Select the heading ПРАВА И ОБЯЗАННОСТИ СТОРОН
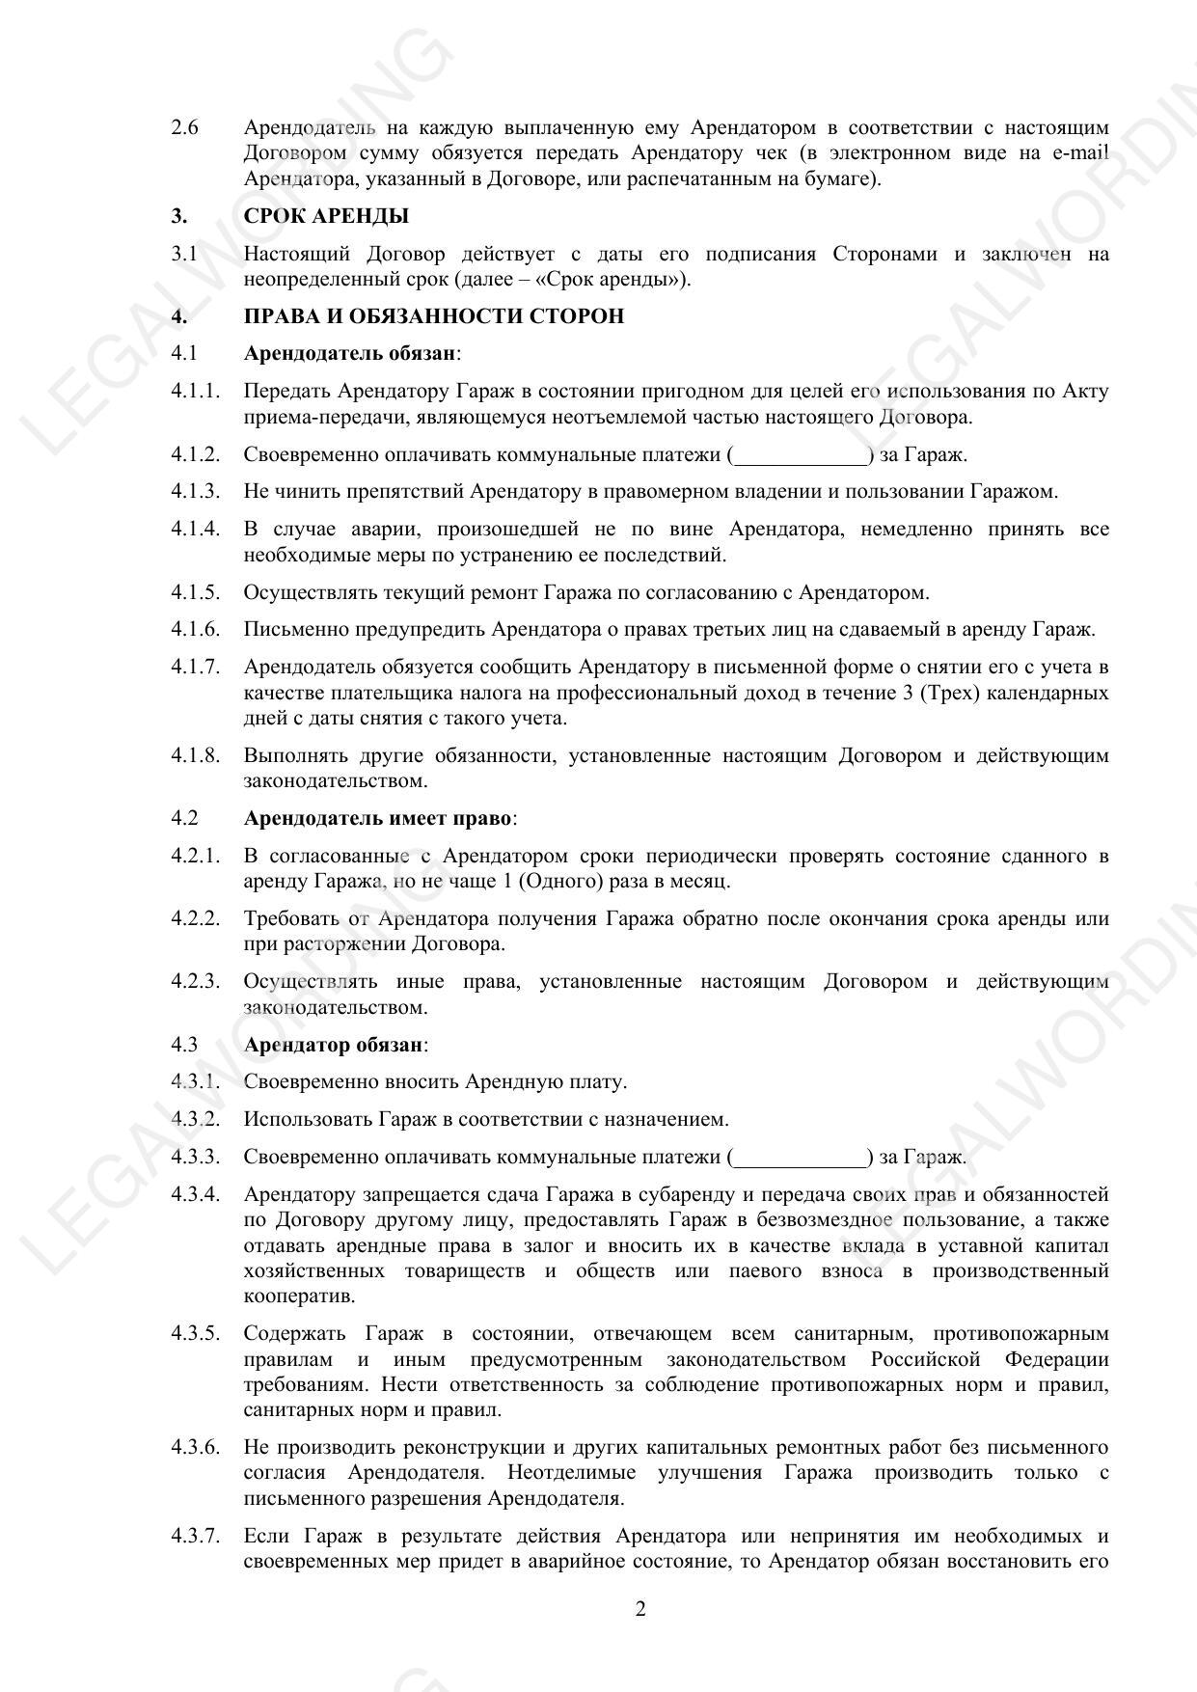click(433, 316)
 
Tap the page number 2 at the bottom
click(640, 1609)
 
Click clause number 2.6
click(185, 127)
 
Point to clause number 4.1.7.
click(196, 667)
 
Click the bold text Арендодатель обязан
click(349, 353)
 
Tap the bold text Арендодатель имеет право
click(377, 818)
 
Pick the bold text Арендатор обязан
click(333, 1045)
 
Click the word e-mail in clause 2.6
click(1081, 153)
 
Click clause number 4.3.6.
click(196, 1447)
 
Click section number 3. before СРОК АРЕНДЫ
click(179, 216)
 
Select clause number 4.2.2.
click(196, 918)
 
